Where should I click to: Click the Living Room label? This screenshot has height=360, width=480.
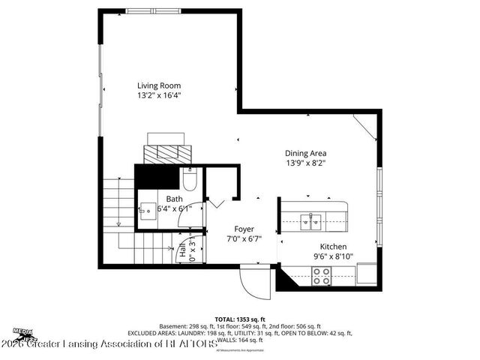[158, 85]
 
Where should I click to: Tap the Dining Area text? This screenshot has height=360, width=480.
[305, 152]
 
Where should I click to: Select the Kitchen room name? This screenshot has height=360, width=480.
[333, 246]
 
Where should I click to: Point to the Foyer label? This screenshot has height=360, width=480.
[244, 229]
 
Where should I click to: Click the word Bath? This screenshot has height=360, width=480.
[174, 199]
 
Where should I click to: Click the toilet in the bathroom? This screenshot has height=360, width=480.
[189, 181]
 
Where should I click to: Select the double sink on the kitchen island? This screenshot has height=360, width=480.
[310, 220]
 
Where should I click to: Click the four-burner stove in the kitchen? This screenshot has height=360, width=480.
[322, 276]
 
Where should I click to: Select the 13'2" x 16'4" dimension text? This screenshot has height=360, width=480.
[158, 96]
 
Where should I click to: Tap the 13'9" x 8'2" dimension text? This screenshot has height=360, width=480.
[305, 163]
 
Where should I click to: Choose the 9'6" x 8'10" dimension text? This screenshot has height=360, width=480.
[333, 256]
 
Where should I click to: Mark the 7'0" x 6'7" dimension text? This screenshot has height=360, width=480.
[244, 239]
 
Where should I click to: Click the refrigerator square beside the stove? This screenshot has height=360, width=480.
[367, 275]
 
